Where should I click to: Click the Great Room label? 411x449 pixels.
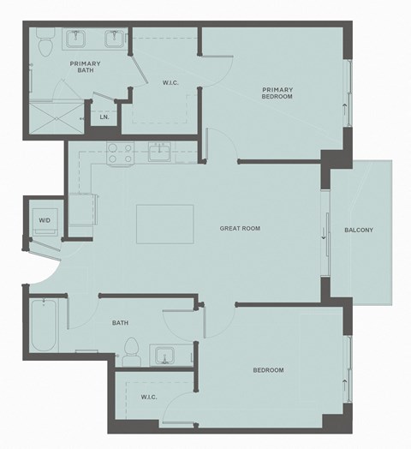240,229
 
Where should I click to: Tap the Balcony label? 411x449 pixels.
359,230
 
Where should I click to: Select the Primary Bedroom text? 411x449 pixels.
277,93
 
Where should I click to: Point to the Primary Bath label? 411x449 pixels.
85,68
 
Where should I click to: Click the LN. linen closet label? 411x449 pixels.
104,117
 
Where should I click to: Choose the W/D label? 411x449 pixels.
44,220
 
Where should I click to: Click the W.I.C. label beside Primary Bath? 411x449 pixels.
170,83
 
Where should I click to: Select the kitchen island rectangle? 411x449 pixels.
164,224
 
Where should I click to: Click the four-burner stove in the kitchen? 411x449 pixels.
118,153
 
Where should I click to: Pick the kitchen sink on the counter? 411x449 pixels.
160,153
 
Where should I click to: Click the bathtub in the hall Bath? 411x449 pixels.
44,325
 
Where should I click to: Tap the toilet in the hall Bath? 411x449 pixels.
131,350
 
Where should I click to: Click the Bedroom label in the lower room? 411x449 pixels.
268,370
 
